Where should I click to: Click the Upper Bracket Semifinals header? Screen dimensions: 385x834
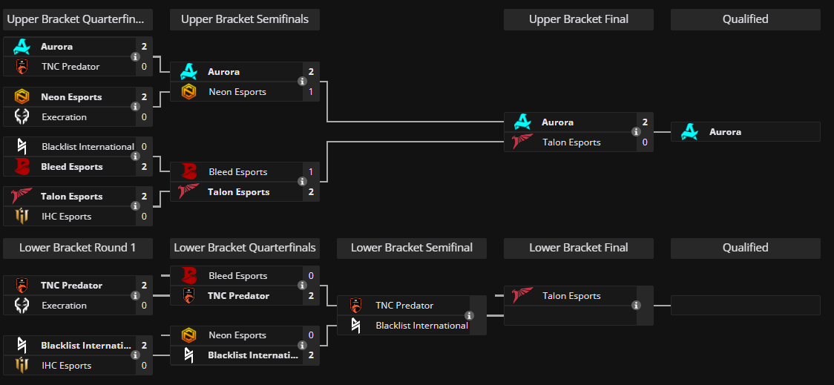pyautogui.click(x=245, y=19)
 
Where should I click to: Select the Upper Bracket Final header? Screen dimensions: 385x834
pyautogui.click(x=578, y=19)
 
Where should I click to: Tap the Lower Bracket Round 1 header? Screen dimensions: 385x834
pyautogui.click(x=77, y=248)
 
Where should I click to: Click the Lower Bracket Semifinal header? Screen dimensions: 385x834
pyautogui.click(x=412, y=248)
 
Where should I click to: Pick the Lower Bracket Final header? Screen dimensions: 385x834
pyautogui.click(x=578, y=248)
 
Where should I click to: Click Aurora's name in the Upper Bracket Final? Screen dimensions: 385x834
pyautogui.click(x=557, y=122)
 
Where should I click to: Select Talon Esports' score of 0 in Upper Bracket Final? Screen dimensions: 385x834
pyautogui.click(x=645, y=142)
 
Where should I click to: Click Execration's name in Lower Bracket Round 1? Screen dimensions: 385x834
pyautogui.click(x=64, y=306)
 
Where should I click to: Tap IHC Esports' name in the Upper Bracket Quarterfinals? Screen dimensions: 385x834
pyautogui.click(x=66, y=217)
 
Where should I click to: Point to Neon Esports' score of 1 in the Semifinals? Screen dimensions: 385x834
pyautogui.click(x=311, y=92)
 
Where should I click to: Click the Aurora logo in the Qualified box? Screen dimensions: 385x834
pyautogui.click(x=690, y=132)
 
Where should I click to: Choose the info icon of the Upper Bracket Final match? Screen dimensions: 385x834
pyautogui.click(x=636, y=132)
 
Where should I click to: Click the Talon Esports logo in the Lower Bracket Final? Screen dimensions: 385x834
pyautogui.click(x=522, y=296)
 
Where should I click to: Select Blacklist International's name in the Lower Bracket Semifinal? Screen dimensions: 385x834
pyautogui.click(x=421, y=326)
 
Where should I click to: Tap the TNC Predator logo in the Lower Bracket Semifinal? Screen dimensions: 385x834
pyautogui.click(x=355, y=306)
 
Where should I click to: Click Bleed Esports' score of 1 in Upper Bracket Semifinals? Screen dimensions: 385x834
pyautogui.click(x=311, y=172)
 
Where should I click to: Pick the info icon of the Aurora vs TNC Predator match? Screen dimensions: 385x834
pyautogui.click(x=135, y=56)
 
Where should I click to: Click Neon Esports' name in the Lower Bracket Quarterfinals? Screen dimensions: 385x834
pyautogui.click(x=237, y=335)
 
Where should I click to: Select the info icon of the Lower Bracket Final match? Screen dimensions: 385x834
pyautogui.click(x=636, y=306)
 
